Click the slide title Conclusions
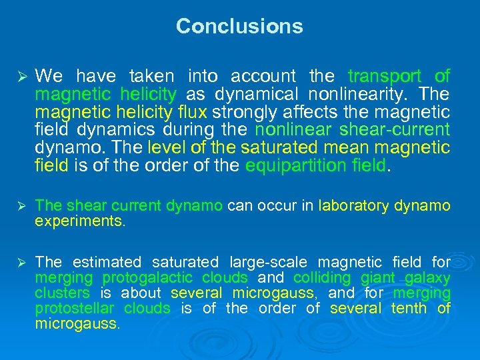239,27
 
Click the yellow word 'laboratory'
353,206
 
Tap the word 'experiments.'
79,221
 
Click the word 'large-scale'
269,262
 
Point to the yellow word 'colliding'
321,277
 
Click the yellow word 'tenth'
409,308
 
